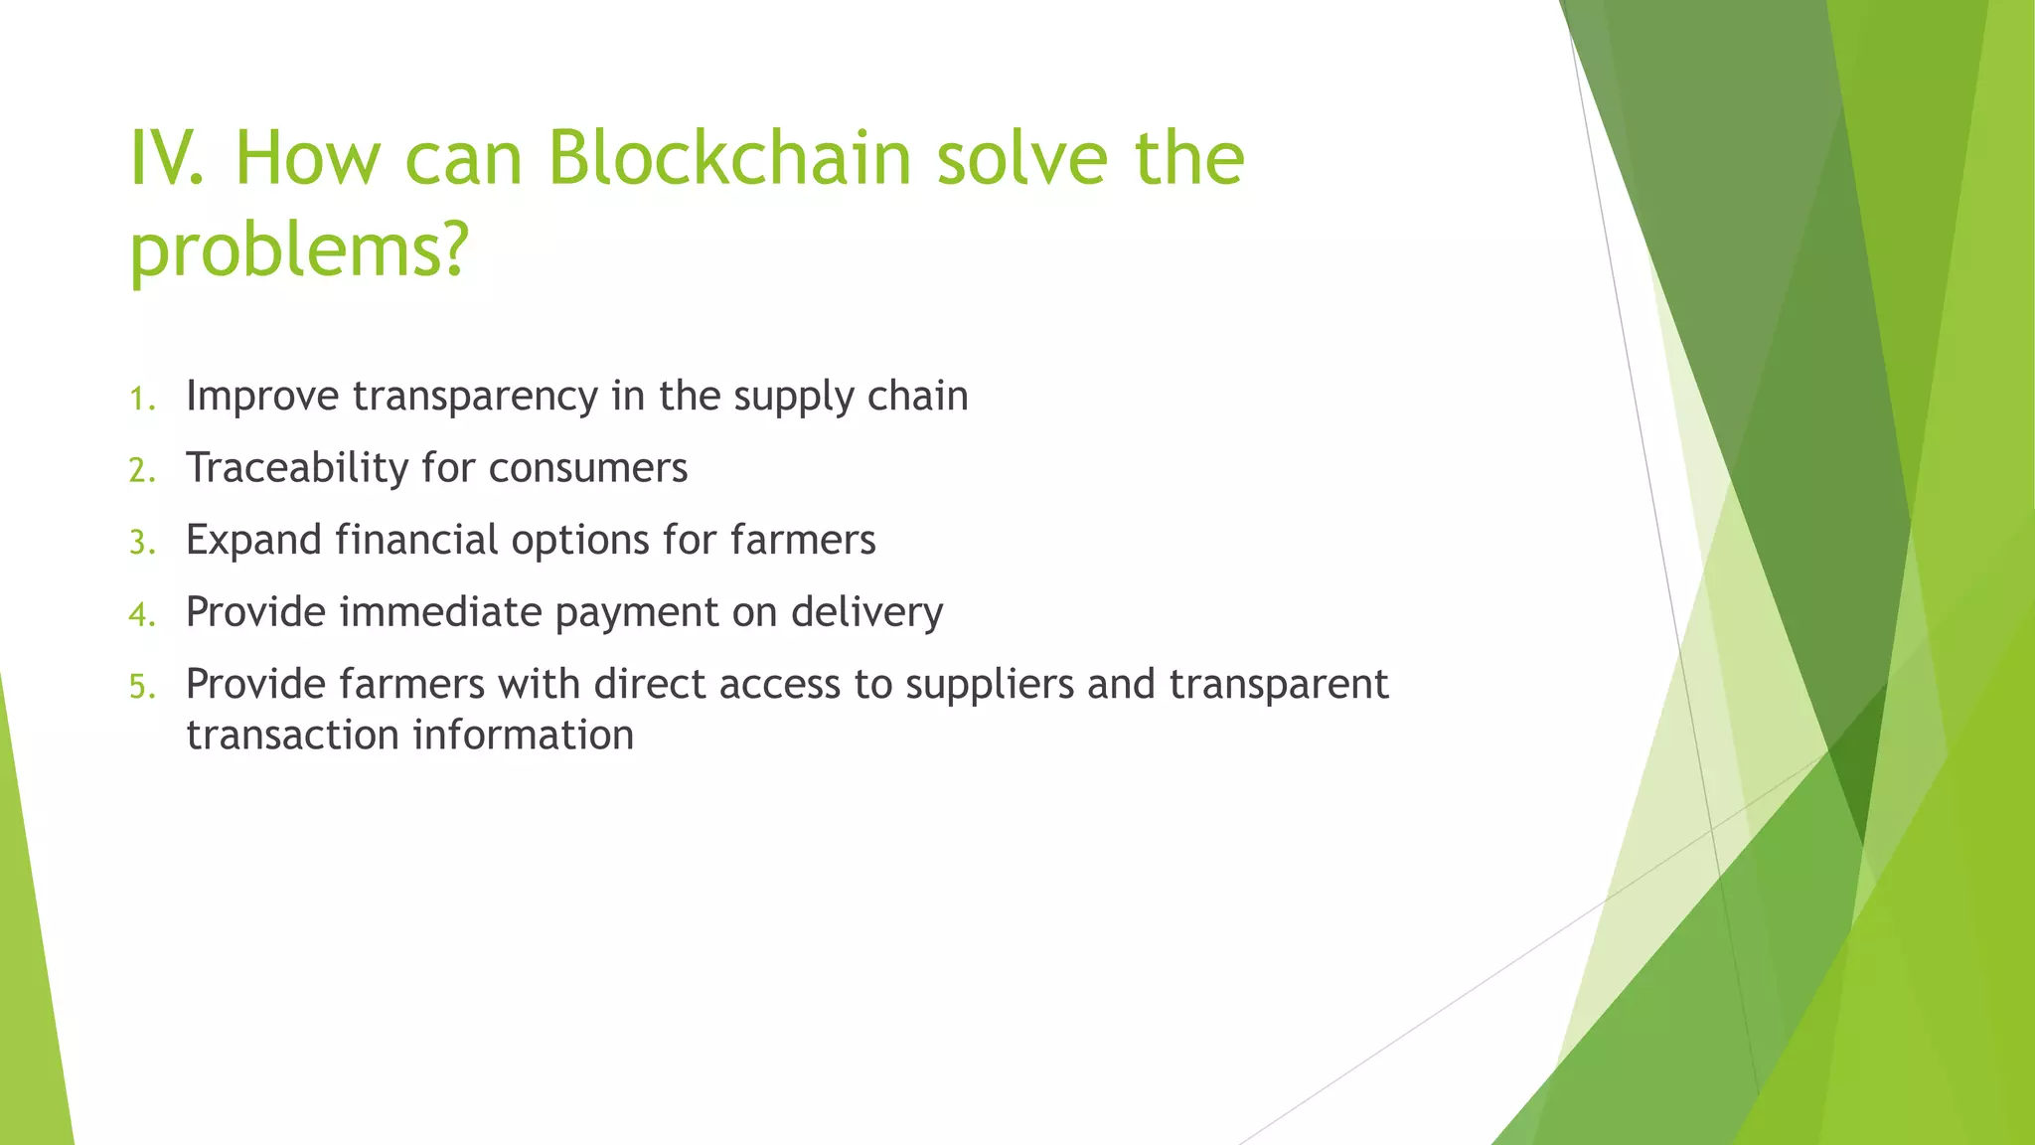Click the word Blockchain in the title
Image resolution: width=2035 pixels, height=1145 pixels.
(729, 158)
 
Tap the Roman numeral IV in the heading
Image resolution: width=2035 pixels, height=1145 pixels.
(164, 158)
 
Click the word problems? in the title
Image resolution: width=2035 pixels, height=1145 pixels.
(298, 250)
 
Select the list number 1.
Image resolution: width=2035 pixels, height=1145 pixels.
(142, 400)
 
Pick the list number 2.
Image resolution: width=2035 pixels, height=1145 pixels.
(142, 471)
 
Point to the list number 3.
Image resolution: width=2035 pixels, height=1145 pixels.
(142, 543)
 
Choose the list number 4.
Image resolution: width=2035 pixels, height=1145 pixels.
(142, 615)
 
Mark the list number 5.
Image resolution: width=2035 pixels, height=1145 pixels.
(142, 687)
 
